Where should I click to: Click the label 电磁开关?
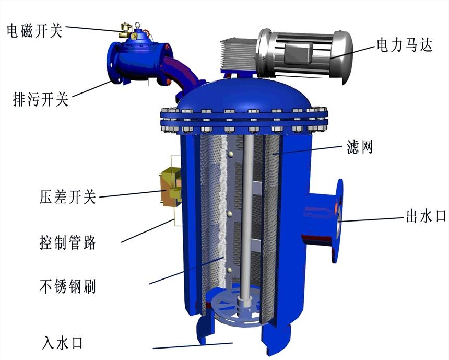pos(34,30)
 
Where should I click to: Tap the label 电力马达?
pos(404,45)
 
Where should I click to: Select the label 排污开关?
pos(41,99)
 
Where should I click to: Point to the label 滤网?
pos(360,148)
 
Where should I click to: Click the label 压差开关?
pos(67,197)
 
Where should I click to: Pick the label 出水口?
pos(426,216)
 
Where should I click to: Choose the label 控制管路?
pos(67,242)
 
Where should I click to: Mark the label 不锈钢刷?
pos(67,286)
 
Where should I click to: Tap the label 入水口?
pos(63,343)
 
